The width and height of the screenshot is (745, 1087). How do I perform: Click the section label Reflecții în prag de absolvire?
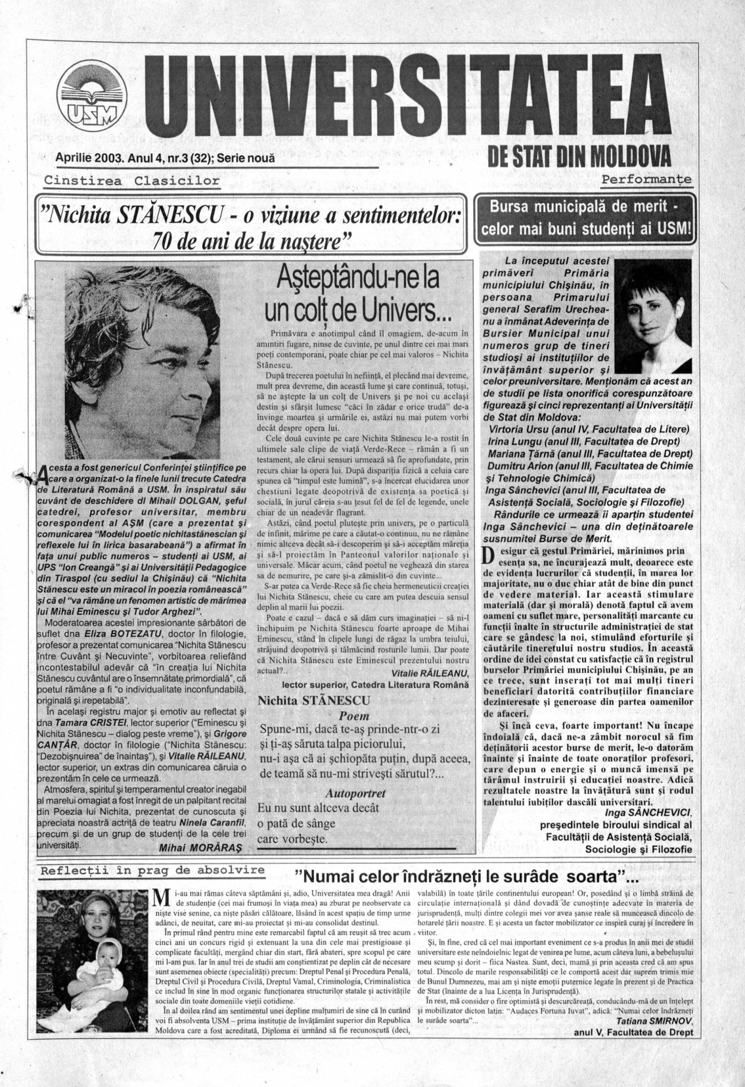pos(152,871)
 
